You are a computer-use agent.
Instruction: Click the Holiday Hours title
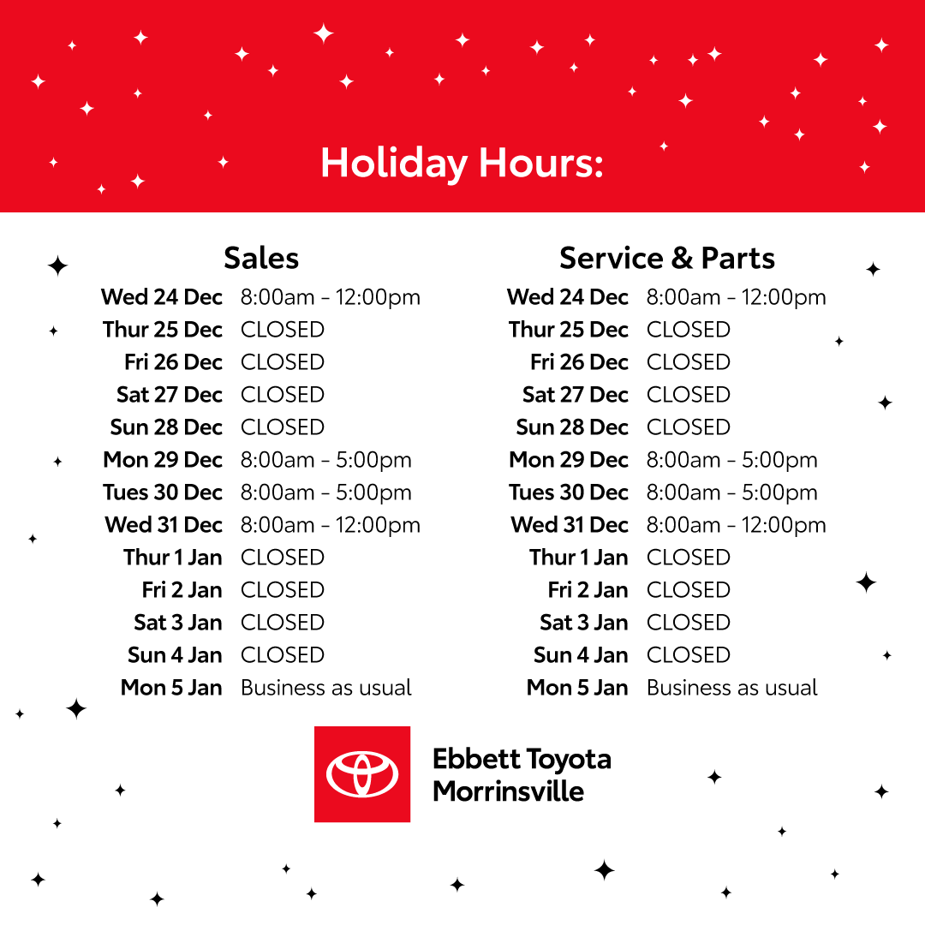click(x=462, y=164)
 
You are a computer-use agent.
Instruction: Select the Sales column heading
click(x=261, y=259)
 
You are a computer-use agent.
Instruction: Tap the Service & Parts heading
click(x=667, y=259)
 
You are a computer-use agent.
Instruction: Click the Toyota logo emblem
click(x=362, y=774)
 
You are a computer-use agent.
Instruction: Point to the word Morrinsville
click(x=509, y=791)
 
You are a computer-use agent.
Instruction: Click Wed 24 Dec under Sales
click(x=162, y=296)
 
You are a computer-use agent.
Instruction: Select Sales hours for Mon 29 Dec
click(x=325, y=461)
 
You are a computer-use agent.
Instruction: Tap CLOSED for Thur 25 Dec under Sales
click(x=283, y=330)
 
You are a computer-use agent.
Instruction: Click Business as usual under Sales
click(x=326, y=688)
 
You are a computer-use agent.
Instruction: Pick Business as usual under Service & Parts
click(x=732, y=688)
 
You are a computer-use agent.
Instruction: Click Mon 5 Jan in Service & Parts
click(x=577, y=688)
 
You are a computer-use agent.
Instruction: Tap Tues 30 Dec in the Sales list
click(x=163, y=492)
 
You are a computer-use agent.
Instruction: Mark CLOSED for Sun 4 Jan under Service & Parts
click(x=689, y=655)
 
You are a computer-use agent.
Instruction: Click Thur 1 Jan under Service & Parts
click(x=579, y=558)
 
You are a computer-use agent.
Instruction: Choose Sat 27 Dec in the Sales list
click(x=170, y=395)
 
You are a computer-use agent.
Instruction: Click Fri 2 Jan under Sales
click(x=182, y=590)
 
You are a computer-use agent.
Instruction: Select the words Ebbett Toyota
click(x=522, y=760)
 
